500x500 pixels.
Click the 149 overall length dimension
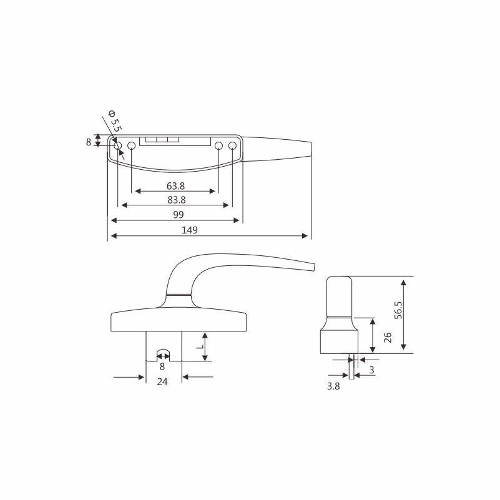pos(190,230)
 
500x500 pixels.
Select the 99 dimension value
pos(179,215)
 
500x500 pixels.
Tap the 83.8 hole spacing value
pos(177,200)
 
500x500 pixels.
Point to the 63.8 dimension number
pos(175,186)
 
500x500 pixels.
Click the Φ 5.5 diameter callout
pos(115,121)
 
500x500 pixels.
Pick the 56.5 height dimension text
pos(399,310)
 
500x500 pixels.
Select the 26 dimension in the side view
pos(388,337)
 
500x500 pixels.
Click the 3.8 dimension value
pos(333,386)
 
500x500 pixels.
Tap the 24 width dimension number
pos(162,381)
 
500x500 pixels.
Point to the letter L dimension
pos(200,346)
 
